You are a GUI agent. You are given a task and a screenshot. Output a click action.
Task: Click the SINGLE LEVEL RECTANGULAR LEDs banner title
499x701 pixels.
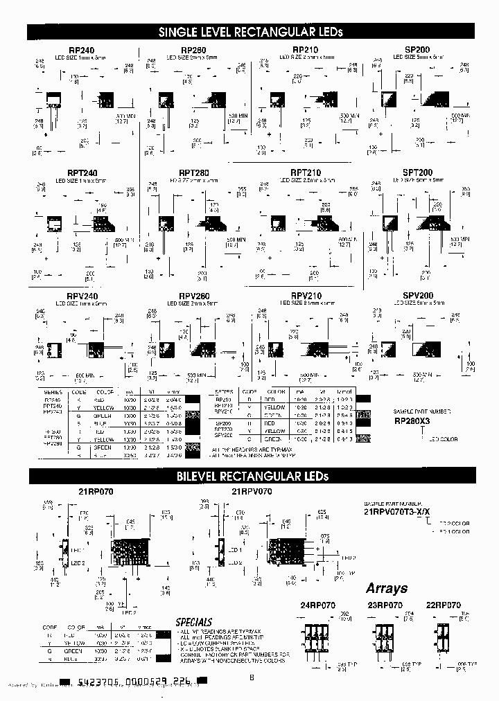coord(251,32)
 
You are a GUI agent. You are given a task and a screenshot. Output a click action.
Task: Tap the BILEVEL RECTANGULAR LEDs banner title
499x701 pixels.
coord(251,476)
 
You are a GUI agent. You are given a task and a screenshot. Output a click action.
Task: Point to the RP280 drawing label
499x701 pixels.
coord(195,51)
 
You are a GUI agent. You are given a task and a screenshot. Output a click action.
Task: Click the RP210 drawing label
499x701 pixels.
coord(306,51)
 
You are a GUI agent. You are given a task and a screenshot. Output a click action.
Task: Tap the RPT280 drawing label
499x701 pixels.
coord(195,172)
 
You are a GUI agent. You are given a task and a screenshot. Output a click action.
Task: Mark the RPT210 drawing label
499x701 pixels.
coord(306,172)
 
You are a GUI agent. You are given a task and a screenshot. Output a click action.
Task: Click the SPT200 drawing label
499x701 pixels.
coord(417,172)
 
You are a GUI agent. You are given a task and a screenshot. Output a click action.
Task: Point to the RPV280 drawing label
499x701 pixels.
coord(195,295)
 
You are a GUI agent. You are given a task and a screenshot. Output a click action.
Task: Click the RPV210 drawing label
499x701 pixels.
coord(306,295)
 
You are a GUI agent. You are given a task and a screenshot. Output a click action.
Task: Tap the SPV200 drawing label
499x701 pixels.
coord(417,295)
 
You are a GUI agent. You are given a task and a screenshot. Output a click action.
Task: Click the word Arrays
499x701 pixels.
coord(387,588)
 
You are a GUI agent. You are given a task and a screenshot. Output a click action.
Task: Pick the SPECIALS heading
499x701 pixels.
coord(194,622)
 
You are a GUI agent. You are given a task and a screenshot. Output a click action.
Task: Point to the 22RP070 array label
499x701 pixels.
coord(443,605)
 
